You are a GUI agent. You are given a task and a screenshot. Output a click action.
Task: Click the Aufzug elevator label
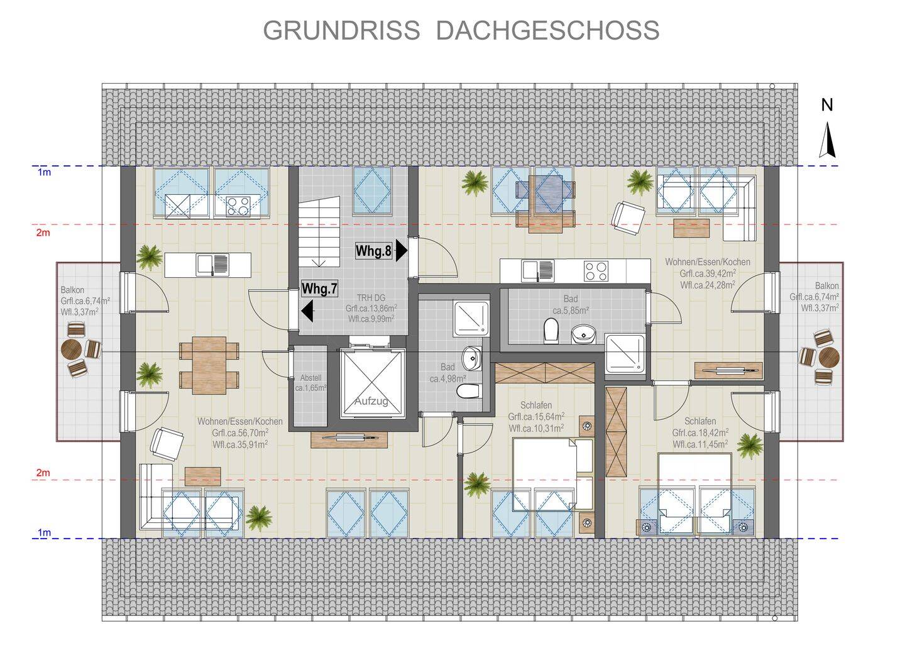tap(371, 401)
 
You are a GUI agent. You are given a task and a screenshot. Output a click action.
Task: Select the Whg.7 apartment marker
tap(319, 289)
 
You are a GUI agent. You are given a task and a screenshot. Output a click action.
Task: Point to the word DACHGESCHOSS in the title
tap(547, 30)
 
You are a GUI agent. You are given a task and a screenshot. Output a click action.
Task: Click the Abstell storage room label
tap(310, 378)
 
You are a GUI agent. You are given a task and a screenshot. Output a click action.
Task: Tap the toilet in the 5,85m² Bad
tap(551, 331)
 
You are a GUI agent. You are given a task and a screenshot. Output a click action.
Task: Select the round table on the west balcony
tap(71, 349)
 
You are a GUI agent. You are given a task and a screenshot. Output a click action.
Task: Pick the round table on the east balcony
tap(829, 357)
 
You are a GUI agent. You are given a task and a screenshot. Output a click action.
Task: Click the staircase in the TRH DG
tap(319, 231)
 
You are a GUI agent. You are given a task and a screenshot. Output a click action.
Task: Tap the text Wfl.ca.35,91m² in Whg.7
tap(240, 444)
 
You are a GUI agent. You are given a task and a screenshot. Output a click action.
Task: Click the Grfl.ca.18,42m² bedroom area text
tap(700, 432)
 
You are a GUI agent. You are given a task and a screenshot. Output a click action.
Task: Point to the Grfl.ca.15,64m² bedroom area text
tap(536, 417)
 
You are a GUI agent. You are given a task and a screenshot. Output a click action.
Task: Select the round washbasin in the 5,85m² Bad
tap(583, 334)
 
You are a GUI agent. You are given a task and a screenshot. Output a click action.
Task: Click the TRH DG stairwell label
tap(371, 298)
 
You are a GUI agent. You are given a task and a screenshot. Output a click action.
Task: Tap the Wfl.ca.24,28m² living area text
tap(708, 285)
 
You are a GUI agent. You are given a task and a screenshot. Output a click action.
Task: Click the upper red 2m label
tap(43, 233)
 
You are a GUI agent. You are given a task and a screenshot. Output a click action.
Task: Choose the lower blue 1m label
tap(45, 532)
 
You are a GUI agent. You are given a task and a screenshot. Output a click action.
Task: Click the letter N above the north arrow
tap(827, 106)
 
